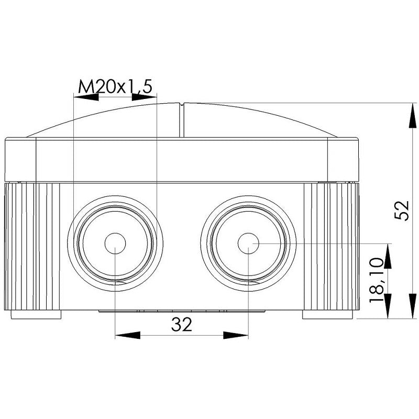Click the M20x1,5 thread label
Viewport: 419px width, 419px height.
click(x=115, y=86)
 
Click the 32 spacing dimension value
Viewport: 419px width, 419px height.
click(x=182, y=325)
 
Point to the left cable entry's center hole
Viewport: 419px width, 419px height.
click(x=115, y=244)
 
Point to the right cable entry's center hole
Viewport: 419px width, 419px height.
click(x=248, y=244)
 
